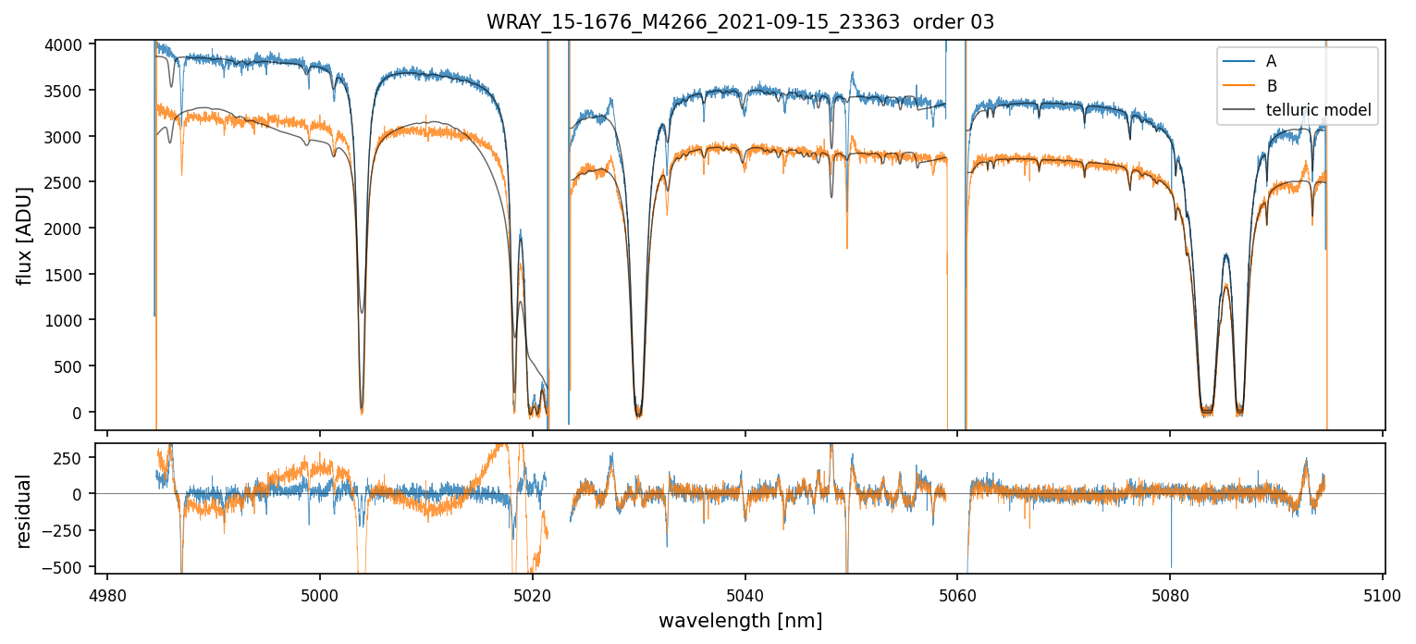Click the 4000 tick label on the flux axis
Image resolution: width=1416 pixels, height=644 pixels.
coord(69,44)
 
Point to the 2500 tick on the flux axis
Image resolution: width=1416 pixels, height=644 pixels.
coord(69,182)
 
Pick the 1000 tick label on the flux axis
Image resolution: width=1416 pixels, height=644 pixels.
coord(69,320)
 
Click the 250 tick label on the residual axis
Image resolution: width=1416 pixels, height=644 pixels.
coord(76,458)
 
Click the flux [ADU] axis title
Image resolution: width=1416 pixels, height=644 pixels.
coord(26,235)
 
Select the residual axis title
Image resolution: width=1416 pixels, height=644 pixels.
coord(26,511)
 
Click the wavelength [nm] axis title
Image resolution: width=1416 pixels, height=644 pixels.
coord(740,621)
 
